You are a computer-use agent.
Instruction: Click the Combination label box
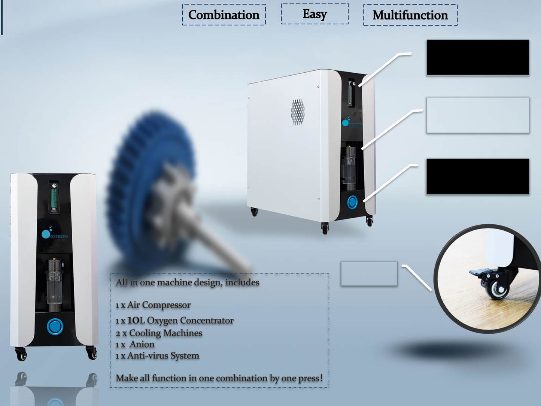coord(224,15)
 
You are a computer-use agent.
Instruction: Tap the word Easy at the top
coord(314,14)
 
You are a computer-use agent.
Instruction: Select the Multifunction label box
coord(410,15)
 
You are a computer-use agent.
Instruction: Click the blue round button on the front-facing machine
coord(55,326)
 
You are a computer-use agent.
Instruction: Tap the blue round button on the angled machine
coord(352,202)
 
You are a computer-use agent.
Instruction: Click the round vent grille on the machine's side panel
coord(298,112)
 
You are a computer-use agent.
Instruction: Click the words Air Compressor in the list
coord(159,305)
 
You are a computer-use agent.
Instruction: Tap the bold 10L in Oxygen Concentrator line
coord(136,321)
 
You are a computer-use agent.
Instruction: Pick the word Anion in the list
coord(142,344)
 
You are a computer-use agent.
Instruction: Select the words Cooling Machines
coord(165,333)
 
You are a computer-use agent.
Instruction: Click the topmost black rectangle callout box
coord(478,57)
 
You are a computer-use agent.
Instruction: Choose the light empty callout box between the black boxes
coord(478,115)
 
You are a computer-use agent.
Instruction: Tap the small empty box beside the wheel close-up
coord(369,273)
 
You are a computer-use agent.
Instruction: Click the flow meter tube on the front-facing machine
coord(55,197)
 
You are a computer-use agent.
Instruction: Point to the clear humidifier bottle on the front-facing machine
coord(55,285)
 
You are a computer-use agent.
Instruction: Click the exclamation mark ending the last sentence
coord(321,378)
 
